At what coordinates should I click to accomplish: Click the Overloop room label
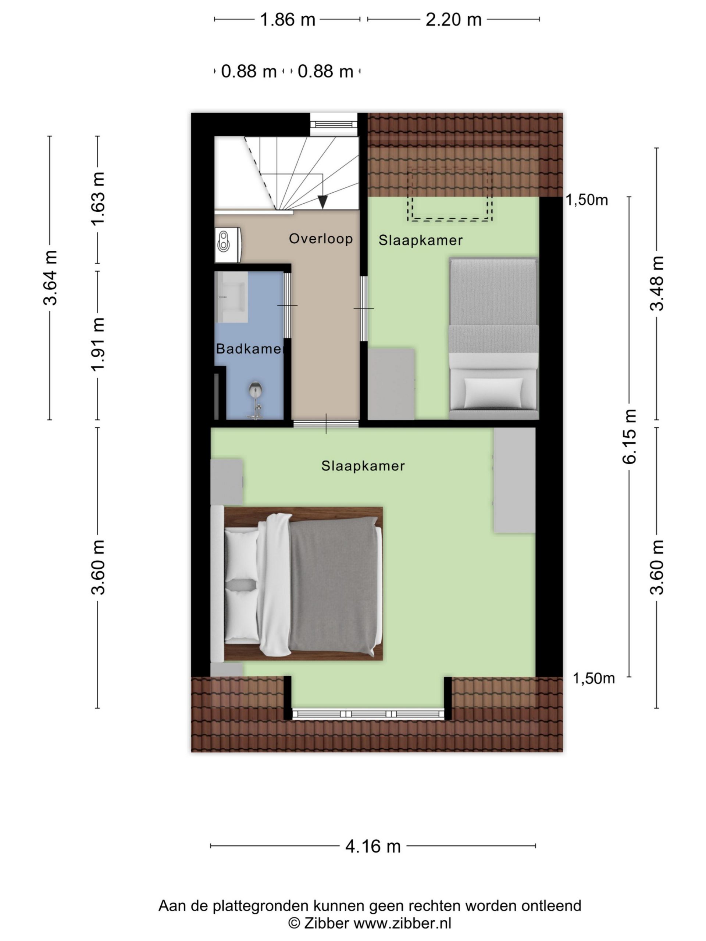coord(321,239)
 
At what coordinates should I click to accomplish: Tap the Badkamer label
coord(249,349)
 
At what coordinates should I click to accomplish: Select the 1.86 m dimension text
coord(287,19)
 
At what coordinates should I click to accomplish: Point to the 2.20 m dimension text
coord(453,19)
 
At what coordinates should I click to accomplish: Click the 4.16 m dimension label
coord(373,847)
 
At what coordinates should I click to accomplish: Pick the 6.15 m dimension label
coord(630,436)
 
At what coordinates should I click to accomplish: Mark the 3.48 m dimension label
coord(657,283)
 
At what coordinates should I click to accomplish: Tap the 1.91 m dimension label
coord(97,344)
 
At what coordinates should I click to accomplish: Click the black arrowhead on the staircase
coord(322,202)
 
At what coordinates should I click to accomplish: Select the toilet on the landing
coord(228,244)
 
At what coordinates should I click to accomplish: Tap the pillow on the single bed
coord(493,392)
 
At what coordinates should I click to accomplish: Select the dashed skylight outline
coord(450,194)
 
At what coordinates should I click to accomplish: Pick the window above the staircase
coord(334,125)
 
